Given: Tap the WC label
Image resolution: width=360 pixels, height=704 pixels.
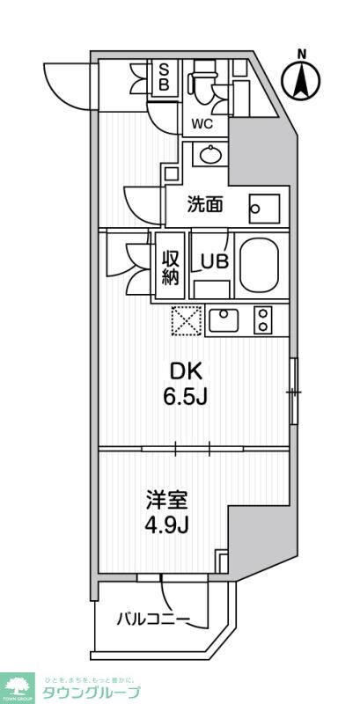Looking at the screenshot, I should click(202, 124).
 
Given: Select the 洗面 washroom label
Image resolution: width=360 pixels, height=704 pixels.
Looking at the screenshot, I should click(206, 205).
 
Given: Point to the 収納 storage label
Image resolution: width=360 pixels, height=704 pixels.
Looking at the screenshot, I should click(171, 267).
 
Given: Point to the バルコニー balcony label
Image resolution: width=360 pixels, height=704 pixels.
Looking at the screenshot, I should click(153, 620).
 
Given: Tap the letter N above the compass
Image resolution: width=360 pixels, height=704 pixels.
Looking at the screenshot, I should click(302, 54).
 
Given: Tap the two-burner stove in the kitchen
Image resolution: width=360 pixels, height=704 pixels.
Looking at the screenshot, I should click(263, 319).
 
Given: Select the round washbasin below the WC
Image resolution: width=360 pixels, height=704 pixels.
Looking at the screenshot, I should click(211, 156).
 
